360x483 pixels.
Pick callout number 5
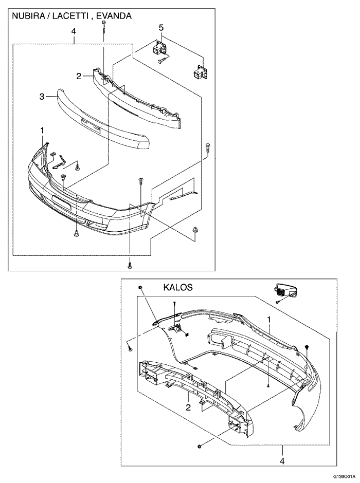160,27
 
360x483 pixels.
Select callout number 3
42,96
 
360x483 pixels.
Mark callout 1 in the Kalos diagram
268,319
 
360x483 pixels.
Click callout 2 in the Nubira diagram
78,76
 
